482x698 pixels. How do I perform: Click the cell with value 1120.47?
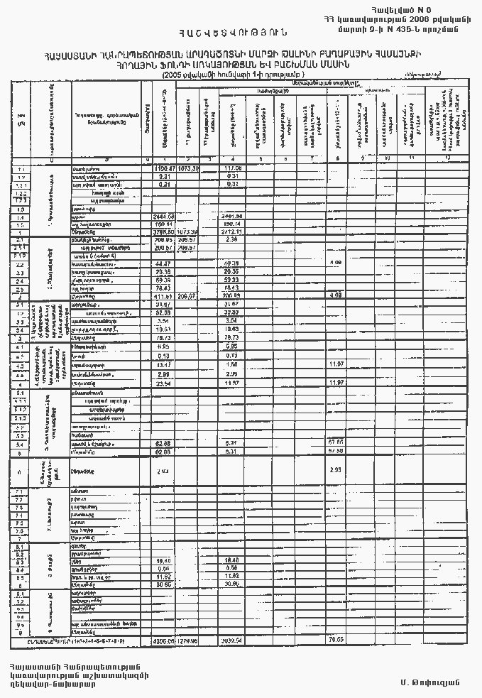click(164, 168)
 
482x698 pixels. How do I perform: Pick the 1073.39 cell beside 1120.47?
click(187, 168)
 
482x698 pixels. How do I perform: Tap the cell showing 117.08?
click(233, 168)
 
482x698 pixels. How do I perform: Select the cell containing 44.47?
click(164, 263)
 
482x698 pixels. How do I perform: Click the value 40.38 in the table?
click(233, 263)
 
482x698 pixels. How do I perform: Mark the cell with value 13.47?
click(164, 364)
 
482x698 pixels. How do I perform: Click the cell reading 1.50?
click(233, 364)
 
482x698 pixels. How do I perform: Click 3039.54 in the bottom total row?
click(233, 640)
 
